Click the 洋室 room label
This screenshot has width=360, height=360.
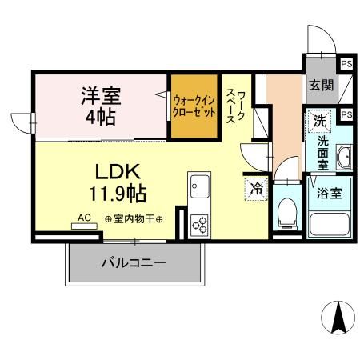tap(99, 96)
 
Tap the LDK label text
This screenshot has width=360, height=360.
tap(118, 170)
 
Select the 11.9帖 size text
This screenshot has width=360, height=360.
tap(118, 193)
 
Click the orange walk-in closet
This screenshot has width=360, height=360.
tap(194, 106)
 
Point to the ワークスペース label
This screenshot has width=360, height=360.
tap(236, 106)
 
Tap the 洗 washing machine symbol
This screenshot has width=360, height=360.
tap(320, 122)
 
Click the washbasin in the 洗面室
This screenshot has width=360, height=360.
tap(346, 156)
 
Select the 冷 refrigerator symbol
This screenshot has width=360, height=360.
tap(256, 189)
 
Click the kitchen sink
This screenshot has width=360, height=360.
tap(197, 189)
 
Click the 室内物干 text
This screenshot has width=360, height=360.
tap(134, 218)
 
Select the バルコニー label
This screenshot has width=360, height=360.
tap(134, 262)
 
